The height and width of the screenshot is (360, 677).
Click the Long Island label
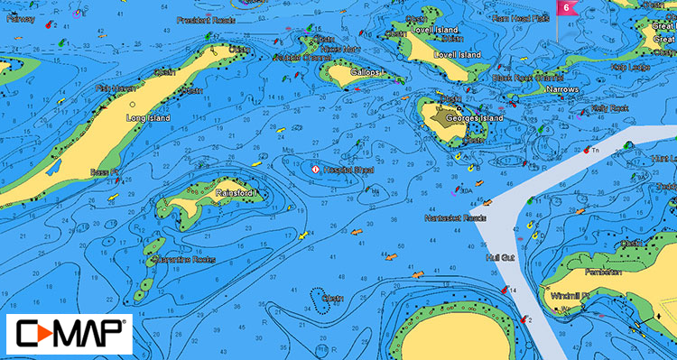[149, 118]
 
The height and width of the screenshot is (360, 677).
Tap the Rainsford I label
[236, 193]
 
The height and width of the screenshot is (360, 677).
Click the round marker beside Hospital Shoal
[315, 169]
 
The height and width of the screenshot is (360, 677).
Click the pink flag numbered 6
[566, 8]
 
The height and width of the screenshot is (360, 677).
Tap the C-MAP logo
[68, 334]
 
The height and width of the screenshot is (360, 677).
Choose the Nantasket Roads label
[456, 218]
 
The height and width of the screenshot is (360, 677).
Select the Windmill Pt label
[571, 295]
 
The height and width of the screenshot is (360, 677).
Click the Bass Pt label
[106, 171]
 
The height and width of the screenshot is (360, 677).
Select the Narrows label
[562, 90]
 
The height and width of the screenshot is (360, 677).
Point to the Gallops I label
[366, 71]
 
